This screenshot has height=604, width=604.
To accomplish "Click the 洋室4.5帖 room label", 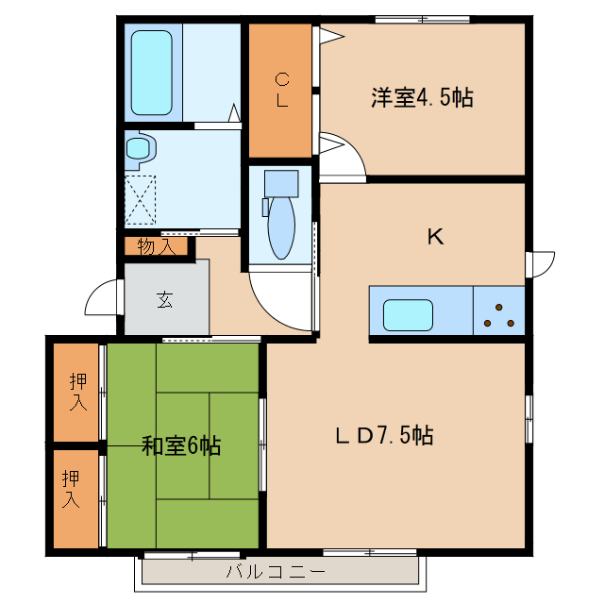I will [422, 97].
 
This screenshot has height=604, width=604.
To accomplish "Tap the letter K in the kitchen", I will [435, 237].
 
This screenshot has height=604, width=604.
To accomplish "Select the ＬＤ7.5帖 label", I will [384, 436].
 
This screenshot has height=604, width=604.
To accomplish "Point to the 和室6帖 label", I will [181, 445].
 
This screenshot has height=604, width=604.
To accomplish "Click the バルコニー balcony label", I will [276, 572].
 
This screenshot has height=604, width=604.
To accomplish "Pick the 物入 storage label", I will [156, 247].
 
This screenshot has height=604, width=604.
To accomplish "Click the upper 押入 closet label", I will [78, 392].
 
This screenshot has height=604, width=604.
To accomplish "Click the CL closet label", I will [281, 90].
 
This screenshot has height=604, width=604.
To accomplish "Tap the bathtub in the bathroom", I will [150, 73].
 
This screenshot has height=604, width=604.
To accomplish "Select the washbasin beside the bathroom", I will [141, 148].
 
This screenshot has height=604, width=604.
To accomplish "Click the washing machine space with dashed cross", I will [142, 199].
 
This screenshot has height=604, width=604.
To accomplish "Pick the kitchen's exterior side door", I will [541, 263].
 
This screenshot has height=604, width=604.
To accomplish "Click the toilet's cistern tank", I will [280, 181].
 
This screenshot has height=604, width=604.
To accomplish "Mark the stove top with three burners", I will [498, 311].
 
